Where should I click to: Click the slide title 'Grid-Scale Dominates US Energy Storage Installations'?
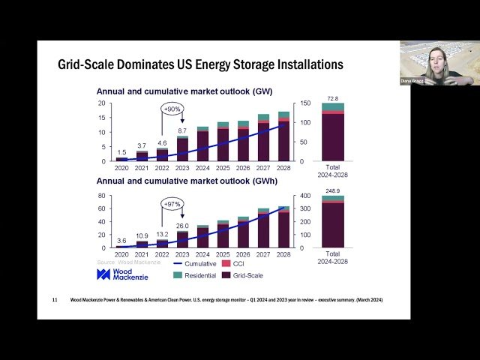point(200,64)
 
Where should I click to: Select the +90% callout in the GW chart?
point(172,109)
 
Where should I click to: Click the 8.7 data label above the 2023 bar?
point(182,130)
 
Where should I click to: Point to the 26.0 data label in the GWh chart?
point(182,226)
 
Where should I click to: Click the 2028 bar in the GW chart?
point(283,139)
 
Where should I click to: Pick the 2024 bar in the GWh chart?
point(202,237)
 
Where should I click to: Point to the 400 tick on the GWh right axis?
point(305,196)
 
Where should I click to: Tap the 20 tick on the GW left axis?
point(101,103)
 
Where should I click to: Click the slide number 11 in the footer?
point(55,301)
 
